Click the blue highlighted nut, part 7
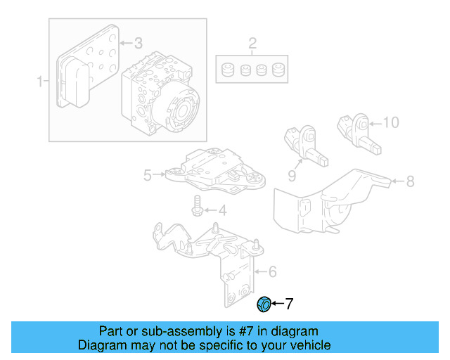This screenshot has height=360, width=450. (264, 304)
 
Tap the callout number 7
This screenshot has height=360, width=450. (288, 304)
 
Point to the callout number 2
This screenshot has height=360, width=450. (252, 46)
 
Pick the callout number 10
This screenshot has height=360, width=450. (390, 122)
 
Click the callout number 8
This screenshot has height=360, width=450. (410, 181)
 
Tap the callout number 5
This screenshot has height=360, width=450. (148, 175)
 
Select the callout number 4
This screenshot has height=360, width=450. (221, 210)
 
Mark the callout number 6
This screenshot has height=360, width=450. (272, 271)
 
